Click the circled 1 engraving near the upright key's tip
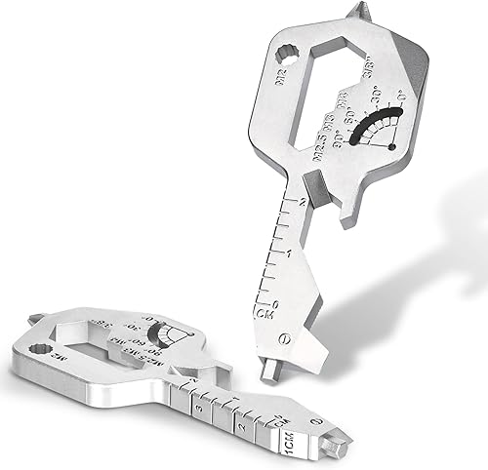tap(284, 340)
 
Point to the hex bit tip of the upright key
tap(268, 374)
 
